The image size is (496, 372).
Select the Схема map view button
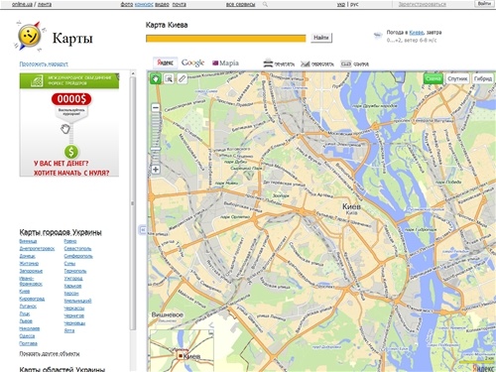[434, 77]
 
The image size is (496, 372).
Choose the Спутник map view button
[458, 77]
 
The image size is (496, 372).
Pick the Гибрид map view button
[483, 77]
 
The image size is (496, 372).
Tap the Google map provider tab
[192, 62]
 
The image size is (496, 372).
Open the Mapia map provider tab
[226, 62]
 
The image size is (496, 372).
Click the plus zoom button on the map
[156, 170]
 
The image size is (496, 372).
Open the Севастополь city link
[77, 247]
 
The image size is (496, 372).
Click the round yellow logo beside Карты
[30, 38]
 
